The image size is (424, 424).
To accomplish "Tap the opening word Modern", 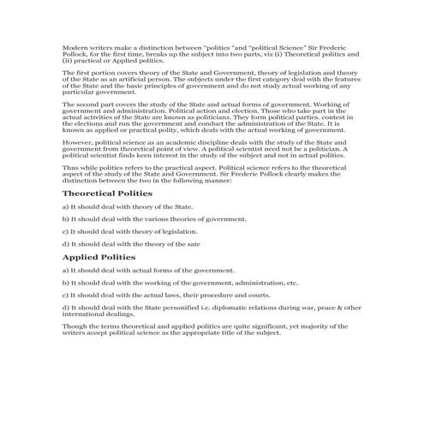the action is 74,46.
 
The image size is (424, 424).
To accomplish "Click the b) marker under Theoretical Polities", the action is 66,219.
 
